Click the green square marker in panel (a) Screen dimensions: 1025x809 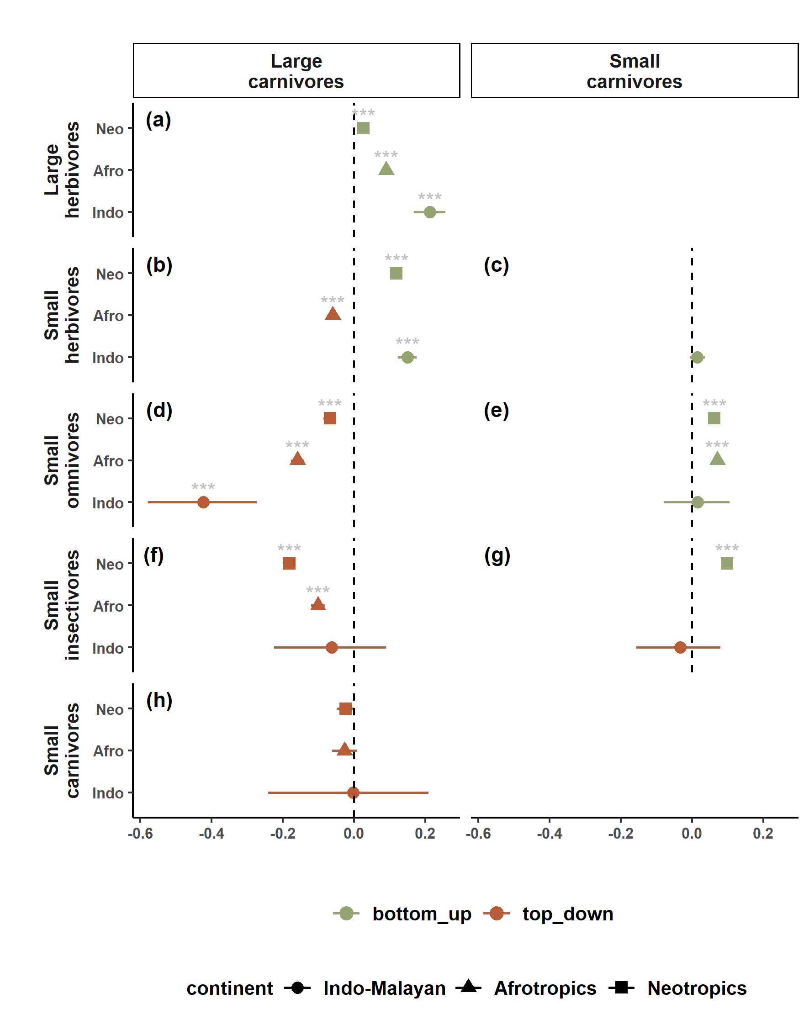[363, 128]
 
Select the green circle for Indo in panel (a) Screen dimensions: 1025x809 [429, 212]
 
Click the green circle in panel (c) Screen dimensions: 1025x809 [697, 357]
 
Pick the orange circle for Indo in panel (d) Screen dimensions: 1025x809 [203, 502]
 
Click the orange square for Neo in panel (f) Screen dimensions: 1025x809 [289, 563]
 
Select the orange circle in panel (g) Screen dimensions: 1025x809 [680, 647]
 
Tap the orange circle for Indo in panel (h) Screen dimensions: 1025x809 [353, 793]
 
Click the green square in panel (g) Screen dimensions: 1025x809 [727, 563]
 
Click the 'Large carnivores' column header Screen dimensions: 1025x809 [296, 71]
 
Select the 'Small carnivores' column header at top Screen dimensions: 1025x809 [634, 71]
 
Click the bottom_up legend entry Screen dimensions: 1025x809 [421, 914]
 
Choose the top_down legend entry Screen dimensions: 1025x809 [567, 914]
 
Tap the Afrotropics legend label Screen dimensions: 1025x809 [545, 988]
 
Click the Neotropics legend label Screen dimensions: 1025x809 [697, 988]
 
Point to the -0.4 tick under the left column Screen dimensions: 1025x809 [211, 834]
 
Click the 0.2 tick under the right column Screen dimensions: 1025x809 [762, 834]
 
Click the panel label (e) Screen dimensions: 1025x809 [496, 410]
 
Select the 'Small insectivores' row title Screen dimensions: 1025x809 [62, 605]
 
